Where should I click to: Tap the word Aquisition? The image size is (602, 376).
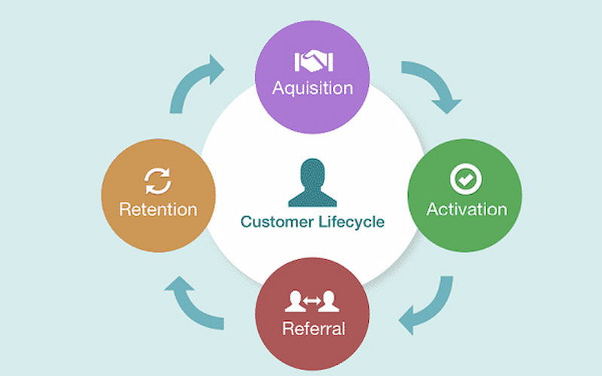(312, 87)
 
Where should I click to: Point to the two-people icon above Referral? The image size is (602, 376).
(312, 302)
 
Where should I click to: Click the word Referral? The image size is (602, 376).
(313, 328)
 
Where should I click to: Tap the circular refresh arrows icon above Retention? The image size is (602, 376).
(158, 181)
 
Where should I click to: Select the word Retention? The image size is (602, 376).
(158, 208)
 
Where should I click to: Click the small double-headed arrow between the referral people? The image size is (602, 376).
(312, 302)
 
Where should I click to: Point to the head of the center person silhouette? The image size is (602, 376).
(312, 168)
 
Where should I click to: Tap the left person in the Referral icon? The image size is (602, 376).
(296, 302)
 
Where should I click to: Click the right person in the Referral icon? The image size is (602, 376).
(329, 302)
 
